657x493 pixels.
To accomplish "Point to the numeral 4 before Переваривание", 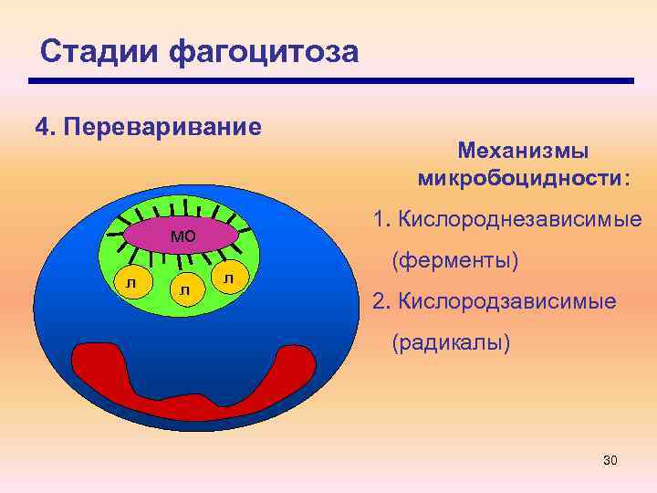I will [x=41, y=125].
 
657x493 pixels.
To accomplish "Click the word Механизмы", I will [x=523, y=149].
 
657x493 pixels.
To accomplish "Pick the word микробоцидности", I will [x=519, y=176].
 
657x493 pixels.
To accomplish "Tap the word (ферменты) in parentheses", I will [x=454, y=261].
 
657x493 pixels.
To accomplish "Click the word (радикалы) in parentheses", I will [x=451, y=343].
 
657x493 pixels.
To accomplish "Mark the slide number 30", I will [x=610, y=460].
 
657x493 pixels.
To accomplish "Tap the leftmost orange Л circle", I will [x=131, y=284].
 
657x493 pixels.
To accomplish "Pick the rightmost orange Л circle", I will [x=229, y=277].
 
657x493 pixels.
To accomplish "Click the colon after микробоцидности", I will [x=625, y=178].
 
